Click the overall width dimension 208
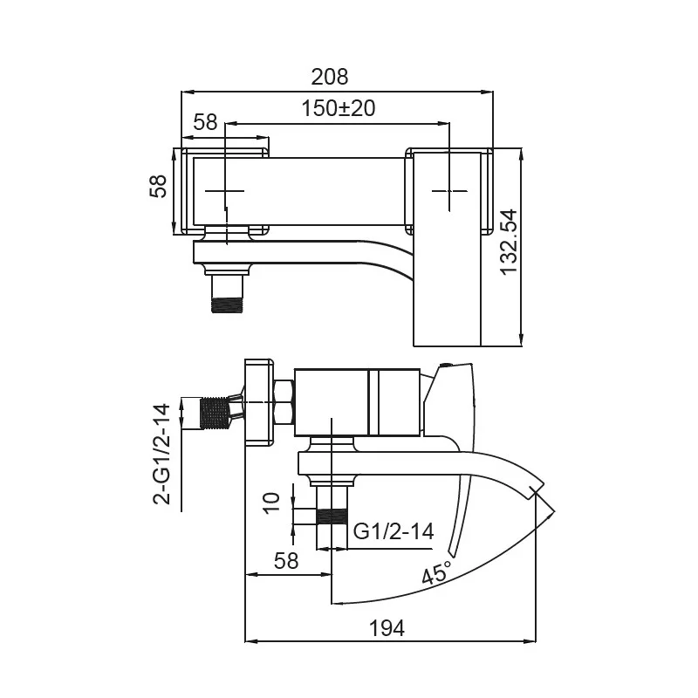(x=330, y=77)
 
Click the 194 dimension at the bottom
(x=387, y=627)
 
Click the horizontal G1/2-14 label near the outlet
(x=393, y=531)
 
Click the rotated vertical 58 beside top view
(x=159, y=187)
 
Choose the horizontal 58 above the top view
(x=205, y=122)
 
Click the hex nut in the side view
(x=284, y=402)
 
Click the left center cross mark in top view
(x=226, y=190)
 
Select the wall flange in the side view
(x=258, y=401)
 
